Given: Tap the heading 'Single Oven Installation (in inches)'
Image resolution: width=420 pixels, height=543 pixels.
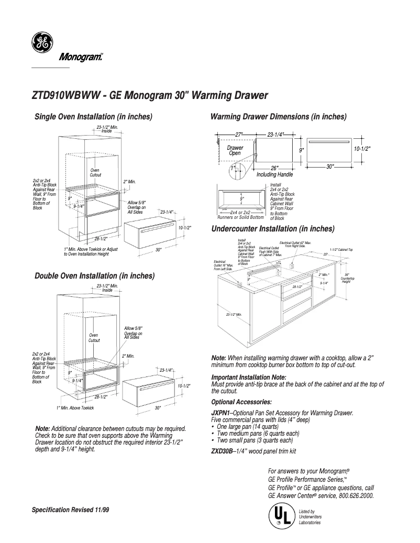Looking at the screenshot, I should pos(93,116).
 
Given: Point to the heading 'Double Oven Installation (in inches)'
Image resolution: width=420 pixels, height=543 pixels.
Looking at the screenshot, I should pos(94,275).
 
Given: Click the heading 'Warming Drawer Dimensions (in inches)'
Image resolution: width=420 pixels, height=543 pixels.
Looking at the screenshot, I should pos(278,116).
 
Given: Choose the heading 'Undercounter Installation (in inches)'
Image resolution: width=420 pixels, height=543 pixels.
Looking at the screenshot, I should pos(272,229).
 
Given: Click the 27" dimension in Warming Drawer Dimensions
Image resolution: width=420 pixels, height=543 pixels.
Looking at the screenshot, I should pos(239,135).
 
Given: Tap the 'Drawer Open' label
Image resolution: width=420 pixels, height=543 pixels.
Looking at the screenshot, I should pos(235,151).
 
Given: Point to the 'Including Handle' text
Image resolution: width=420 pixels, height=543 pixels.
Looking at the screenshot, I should pos(274,174).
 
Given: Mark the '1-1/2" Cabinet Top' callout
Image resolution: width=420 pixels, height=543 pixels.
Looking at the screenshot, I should pos(341,250).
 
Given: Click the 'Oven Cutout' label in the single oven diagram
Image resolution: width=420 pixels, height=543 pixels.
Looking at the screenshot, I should pos(95,172).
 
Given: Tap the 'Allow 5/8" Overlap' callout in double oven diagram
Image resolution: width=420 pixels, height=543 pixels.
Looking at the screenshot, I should pos(133,333).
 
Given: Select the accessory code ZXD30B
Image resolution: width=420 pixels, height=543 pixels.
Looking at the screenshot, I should pos(221,450).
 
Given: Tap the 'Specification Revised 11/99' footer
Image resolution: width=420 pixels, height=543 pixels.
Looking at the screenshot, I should pos(71,509).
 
